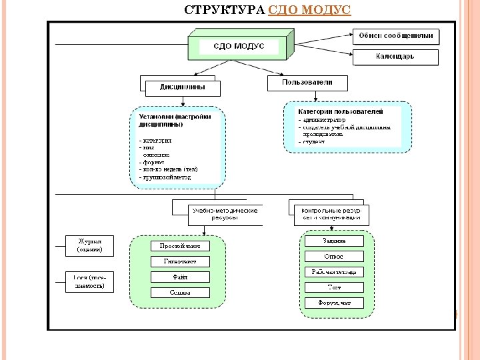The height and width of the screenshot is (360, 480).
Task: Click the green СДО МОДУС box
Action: pyautogui.click(x=238, y=47)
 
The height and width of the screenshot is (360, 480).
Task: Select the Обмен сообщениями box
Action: pyautogui.click(x=396, y=36)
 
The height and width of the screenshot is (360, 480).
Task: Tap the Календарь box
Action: pyautogui.click(x=396, y=57)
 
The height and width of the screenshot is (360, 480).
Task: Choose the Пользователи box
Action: pyautogui.click(x=308, y=83)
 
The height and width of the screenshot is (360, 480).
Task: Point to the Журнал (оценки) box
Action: pyautogui.click(x=89, y=245)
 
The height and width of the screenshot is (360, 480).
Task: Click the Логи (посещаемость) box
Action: pyautogui.click(x=89, y=281)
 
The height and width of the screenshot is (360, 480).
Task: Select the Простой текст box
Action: pyautogui.click(x=180, y=246)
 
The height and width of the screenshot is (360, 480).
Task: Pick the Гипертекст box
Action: pyautogui.click(x=180, y=261)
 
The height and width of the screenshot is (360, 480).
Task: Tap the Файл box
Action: pyautogui.click(x=180, y=277)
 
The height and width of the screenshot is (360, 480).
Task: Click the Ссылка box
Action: pyautogui.click(x=180, y=292)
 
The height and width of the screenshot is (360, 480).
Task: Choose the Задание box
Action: pyautogui.click(x=334, y=240)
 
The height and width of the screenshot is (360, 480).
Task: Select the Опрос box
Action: pyautogui.click(x=334, y=256)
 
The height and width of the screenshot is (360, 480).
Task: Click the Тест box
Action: pyautogui.click(x=334, y=287)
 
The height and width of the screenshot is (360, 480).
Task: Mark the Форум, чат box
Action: pyautogui.click(x=334, y=303)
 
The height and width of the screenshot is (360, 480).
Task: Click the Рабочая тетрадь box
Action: pyautogui.click(x=334, y=271)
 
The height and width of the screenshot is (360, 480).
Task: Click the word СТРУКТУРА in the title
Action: pyautogui.click(x=224, y=10)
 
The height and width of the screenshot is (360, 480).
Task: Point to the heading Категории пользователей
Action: pyautogui.click(x=340, y=111)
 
